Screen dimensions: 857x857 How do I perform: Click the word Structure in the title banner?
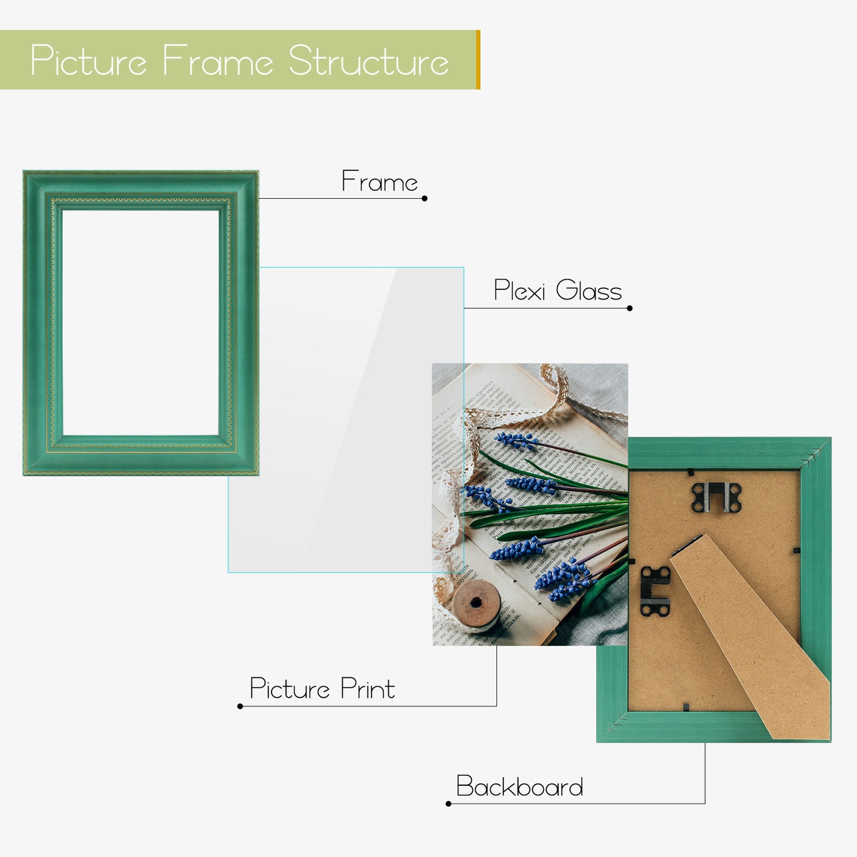tap(369, 60)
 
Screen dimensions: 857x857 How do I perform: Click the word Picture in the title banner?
tap(88, 60)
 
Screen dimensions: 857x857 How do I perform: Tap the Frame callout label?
tap(380, 181)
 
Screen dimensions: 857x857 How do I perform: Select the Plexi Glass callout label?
tap(557, 290)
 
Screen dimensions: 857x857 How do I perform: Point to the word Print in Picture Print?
tap(367, 689)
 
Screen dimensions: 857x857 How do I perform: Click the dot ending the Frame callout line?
tap(425, 198)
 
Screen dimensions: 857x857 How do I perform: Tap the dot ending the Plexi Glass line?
tap(629, 308)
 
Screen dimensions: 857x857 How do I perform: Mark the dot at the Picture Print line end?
tap(240, 706)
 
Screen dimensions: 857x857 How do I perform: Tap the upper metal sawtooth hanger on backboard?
tap(716, 497)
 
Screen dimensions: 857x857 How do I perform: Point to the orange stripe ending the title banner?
tap(478, 59)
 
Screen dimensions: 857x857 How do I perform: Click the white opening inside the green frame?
tap(141, 323)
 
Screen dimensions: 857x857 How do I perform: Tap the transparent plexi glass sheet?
tap(346, 419)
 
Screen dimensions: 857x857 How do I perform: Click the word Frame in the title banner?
tap(218, 60)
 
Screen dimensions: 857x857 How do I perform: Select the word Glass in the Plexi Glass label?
tap(589, 290)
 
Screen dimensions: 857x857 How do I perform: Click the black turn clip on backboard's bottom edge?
tap(686, 706)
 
